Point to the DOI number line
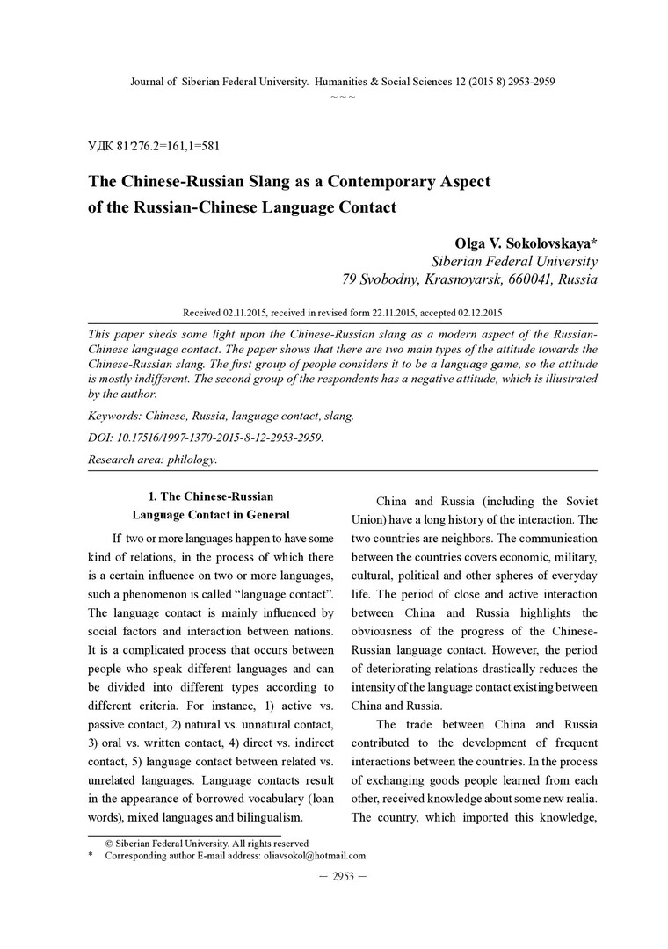coord(206,437)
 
